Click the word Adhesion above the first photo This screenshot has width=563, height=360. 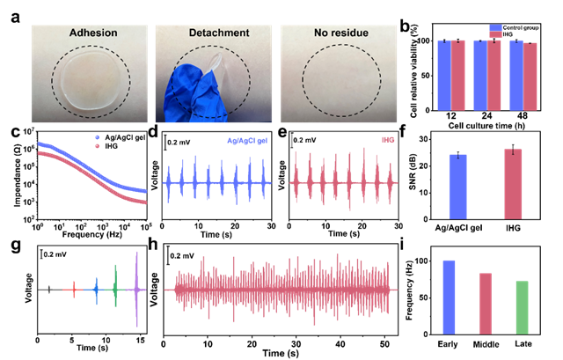[x=93, y=33]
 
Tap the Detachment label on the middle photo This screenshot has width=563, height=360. [x=219, y=33]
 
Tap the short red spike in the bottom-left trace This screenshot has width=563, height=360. [x=74, y=288]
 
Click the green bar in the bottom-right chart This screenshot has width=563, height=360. [x=522, y=307]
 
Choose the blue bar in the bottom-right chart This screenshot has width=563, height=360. [x=449, y=297]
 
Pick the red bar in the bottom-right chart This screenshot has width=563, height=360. [x=486, y=303]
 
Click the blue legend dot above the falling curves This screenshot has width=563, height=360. [x=97, y=137]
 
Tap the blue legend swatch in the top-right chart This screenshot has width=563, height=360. [x=495, y=27]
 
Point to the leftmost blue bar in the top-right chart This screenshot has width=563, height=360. [x=445, y=76]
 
